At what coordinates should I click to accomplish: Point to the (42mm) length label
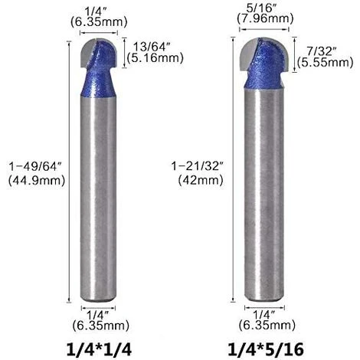pos(198,182)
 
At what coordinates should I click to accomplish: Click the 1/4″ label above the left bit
pos(97,11)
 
